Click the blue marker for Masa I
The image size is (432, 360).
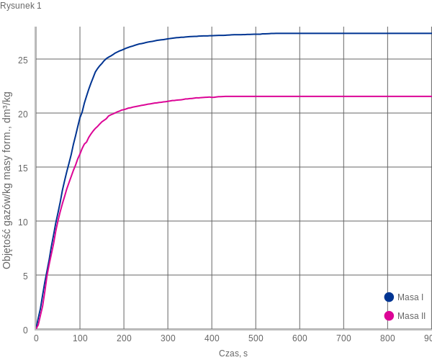point(390,297)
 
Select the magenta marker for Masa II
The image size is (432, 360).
point(390,315)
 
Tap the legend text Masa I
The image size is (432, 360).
point(410,297)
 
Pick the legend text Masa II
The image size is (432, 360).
point(411,315)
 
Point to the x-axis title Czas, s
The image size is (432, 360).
point(233,353)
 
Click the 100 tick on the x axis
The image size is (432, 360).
point(80,338)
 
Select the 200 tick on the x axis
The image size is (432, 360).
point(124,338)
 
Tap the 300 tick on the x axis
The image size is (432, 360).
point(168,338)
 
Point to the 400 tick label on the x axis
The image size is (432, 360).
point(212,338)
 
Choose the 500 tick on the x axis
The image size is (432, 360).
point(256,338)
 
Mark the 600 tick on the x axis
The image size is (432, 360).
point(300,338)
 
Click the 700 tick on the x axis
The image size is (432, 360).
point(343,338)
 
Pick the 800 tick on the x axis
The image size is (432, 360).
point(387,338)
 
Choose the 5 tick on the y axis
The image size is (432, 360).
point(26,276)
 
